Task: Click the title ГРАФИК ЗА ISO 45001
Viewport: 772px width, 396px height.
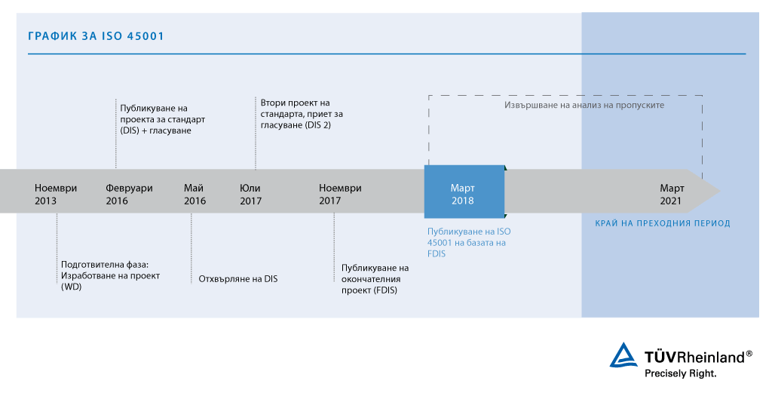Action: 96,36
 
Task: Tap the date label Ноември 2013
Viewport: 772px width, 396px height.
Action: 56,195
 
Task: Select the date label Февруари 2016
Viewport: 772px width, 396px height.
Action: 129,195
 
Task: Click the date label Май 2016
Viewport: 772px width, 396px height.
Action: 195,195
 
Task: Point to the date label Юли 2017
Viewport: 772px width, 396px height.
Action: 250,195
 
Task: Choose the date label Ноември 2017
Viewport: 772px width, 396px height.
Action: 340,195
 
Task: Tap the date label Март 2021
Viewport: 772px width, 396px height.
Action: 672,195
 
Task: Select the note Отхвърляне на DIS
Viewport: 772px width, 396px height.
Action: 238,279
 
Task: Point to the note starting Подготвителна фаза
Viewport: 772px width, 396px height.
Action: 110,275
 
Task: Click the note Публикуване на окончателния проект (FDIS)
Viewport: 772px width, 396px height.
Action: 375,279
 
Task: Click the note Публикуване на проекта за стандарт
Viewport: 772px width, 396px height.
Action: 162,119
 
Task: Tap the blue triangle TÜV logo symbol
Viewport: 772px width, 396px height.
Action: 623,355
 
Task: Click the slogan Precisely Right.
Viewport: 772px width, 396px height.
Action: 680,373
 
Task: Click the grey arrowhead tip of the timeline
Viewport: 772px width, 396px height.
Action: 712,191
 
